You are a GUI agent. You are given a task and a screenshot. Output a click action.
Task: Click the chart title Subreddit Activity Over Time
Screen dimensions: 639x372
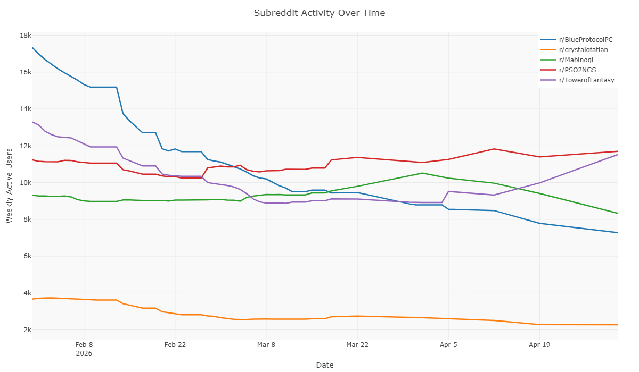[x=319, y=13]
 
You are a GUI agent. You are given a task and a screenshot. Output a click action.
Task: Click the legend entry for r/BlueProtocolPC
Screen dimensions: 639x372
[x=577, y=39]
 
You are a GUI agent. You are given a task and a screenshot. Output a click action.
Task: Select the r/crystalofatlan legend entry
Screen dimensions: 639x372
[x=574, y=50]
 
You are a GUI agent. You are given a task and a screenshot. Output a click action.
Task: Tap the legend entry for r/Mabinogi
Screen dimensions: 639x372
[x=567, y=60]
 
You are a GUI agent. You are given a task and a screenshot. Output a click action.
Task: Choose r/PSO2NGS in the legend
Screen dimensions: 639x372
[x=568, y=70]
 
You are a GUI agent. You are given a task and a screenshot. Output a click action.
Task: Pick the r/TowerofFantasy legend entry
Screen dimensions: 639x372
[x=577, y=80]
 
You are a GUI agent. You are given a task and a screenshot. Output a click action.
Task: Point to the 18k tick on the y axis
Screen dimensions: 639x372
[x=26, y=36]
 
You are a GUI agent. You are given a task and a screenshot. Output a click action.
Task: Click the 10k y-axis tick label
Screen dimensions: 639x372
[x=26, y=182]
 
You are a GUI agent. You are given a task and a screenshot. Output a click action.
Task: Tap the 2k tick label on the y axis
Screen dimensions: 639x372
[x=27, y=329]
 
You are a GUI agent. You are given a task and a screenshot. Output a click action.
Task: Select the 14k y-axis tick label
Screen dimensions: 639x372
[x=26, y=109]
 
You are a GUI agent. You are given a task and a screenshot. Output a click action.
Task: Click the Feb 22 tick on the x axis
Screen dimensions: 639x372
[x=175, y=345]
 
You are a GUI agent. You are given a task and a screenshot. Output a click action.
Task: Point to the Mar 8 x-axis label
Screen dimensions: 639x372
[x=266, y=345]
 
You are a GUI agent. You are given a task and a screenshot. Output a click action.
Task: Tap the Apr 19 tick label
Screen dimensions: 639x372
[x=539, y=345]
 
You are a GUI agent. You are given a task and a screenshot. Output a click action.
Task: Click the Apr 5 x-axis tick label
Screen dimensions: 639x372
[x=448, y=345]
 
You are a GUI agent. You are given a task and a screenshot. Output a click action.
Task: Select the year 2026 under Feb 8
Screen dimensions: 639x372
[x=84, y=353]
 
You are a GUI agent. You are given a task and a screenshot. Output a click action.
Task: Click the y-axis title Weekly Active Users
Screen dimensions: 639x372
[x=9, y=185]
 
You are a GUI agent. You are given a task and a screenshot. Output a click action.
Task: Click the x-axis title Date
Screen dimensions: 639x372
[x=325, y=365]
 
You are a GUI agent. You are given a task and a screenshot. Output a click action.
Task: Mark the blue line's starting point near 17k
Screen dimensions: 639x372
[x=32, y=47]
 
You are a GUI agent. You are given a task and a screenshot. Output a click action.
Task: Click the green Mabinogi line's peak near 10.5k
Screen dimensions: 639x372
[x=422, y=173]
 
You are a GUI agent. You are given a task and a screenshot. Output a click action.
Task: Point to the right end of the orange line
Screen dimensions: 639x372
[x=617, y=325]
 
